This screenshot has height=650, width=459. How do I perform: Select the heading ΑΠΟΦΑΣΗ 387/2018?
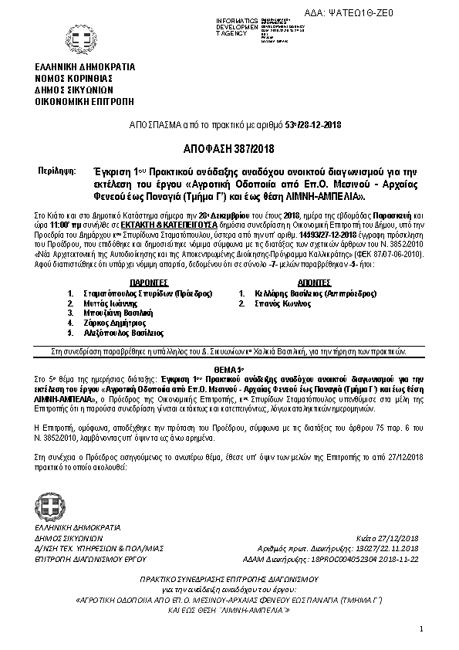(229, 148)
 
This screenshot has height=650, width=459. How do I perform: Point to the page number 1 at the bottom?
(423, 630)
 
